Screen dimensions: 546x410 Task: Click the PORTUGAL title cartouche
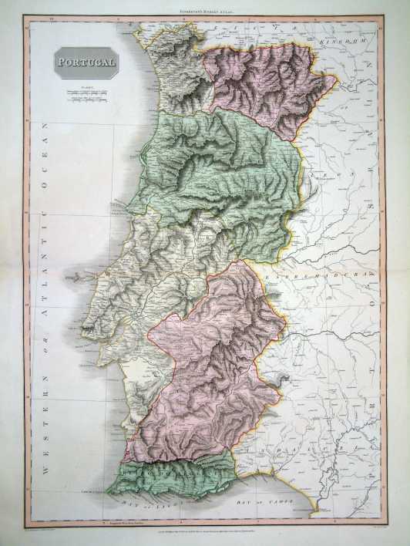point(85,62)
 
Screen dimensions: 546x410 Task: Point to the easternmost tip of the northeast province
point(338,79)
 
